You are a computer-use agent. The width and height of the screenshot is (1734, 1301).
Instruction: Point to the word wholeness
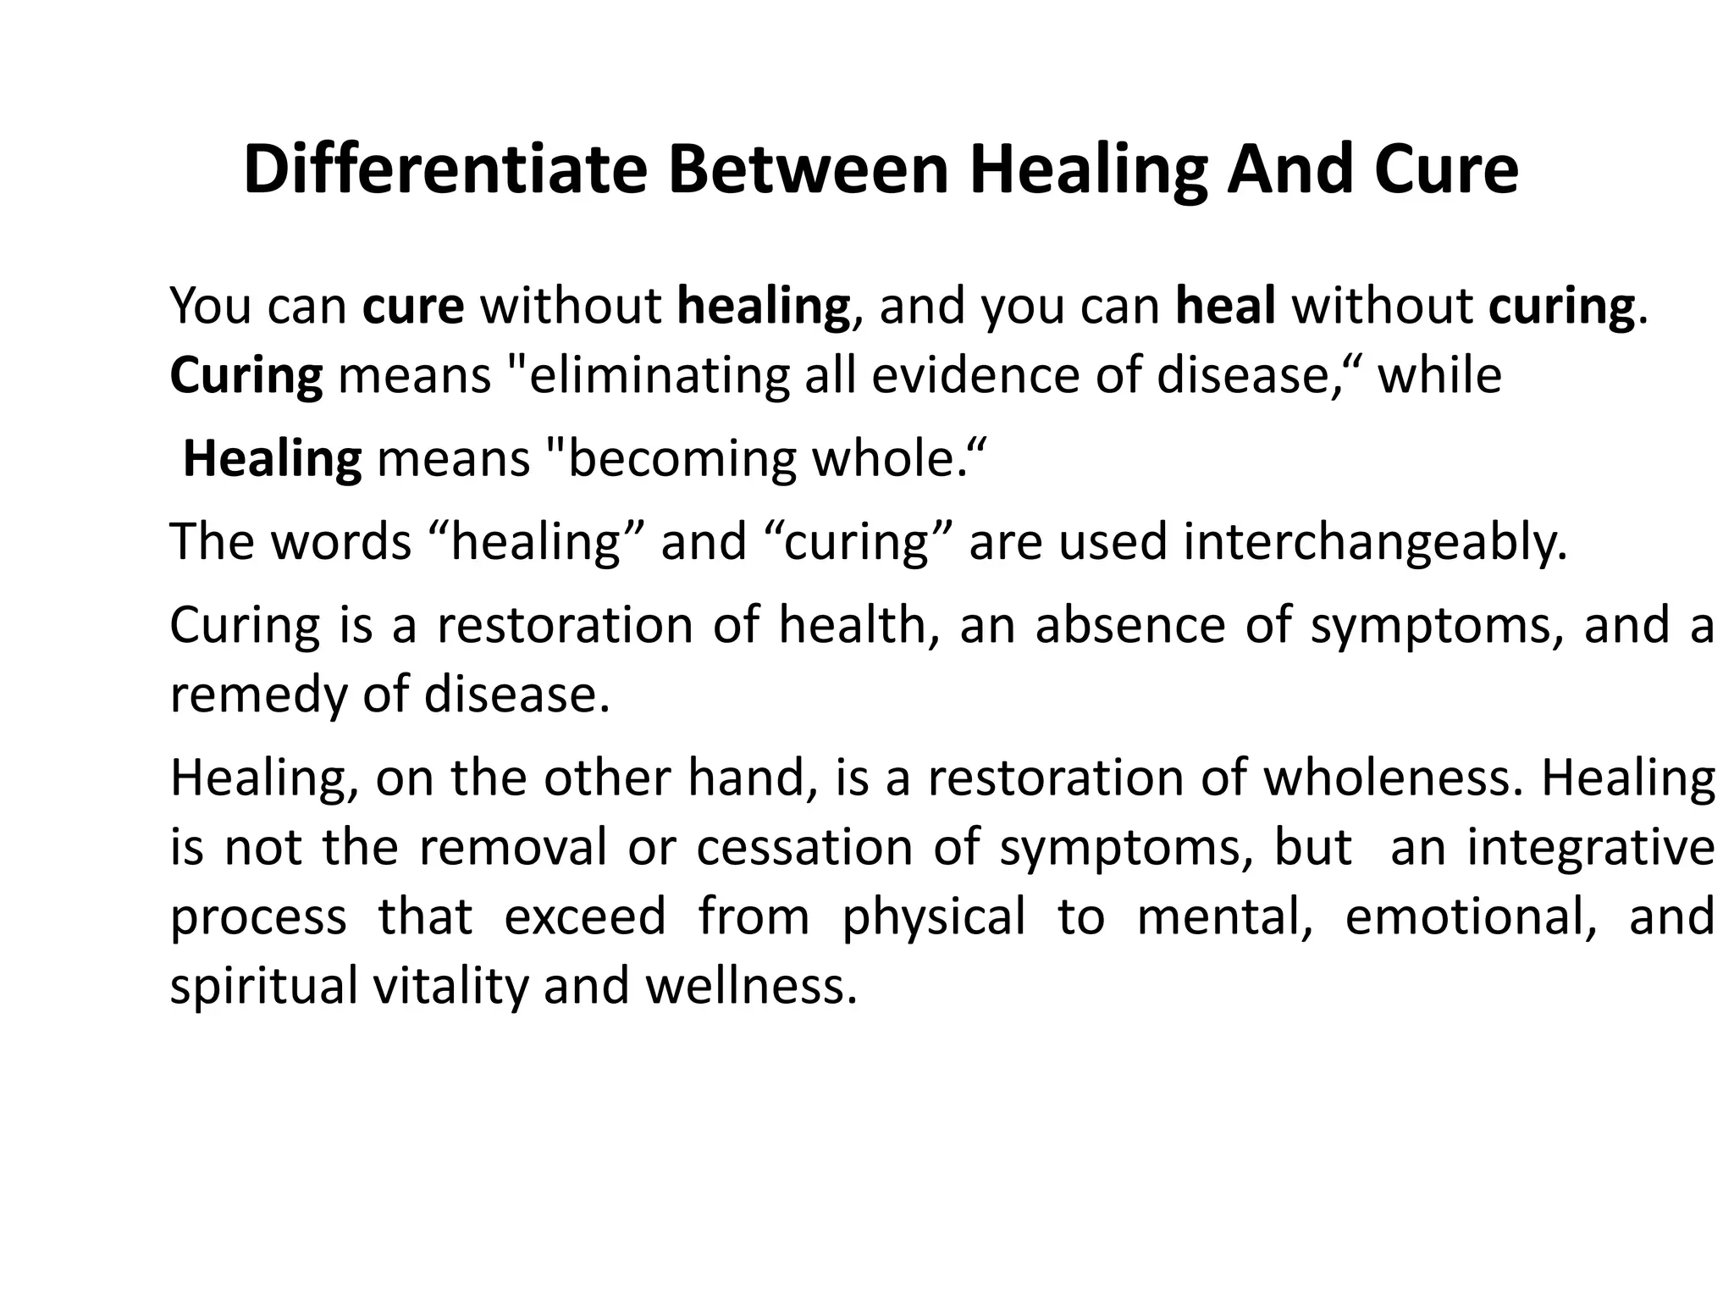pyautogui.click(x=1388, y=778)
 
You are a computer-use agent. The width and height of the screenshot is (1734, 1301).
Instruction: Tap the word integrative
pyautogui.click(x=1591, y=847)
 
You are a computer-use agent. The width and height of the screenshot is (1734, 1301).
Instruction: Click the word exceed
pyautogui.click(x=585, y=916)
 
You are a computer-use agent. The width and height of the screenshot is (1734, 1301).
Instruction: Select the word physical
pyautogui.click(x=933, y=916)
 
